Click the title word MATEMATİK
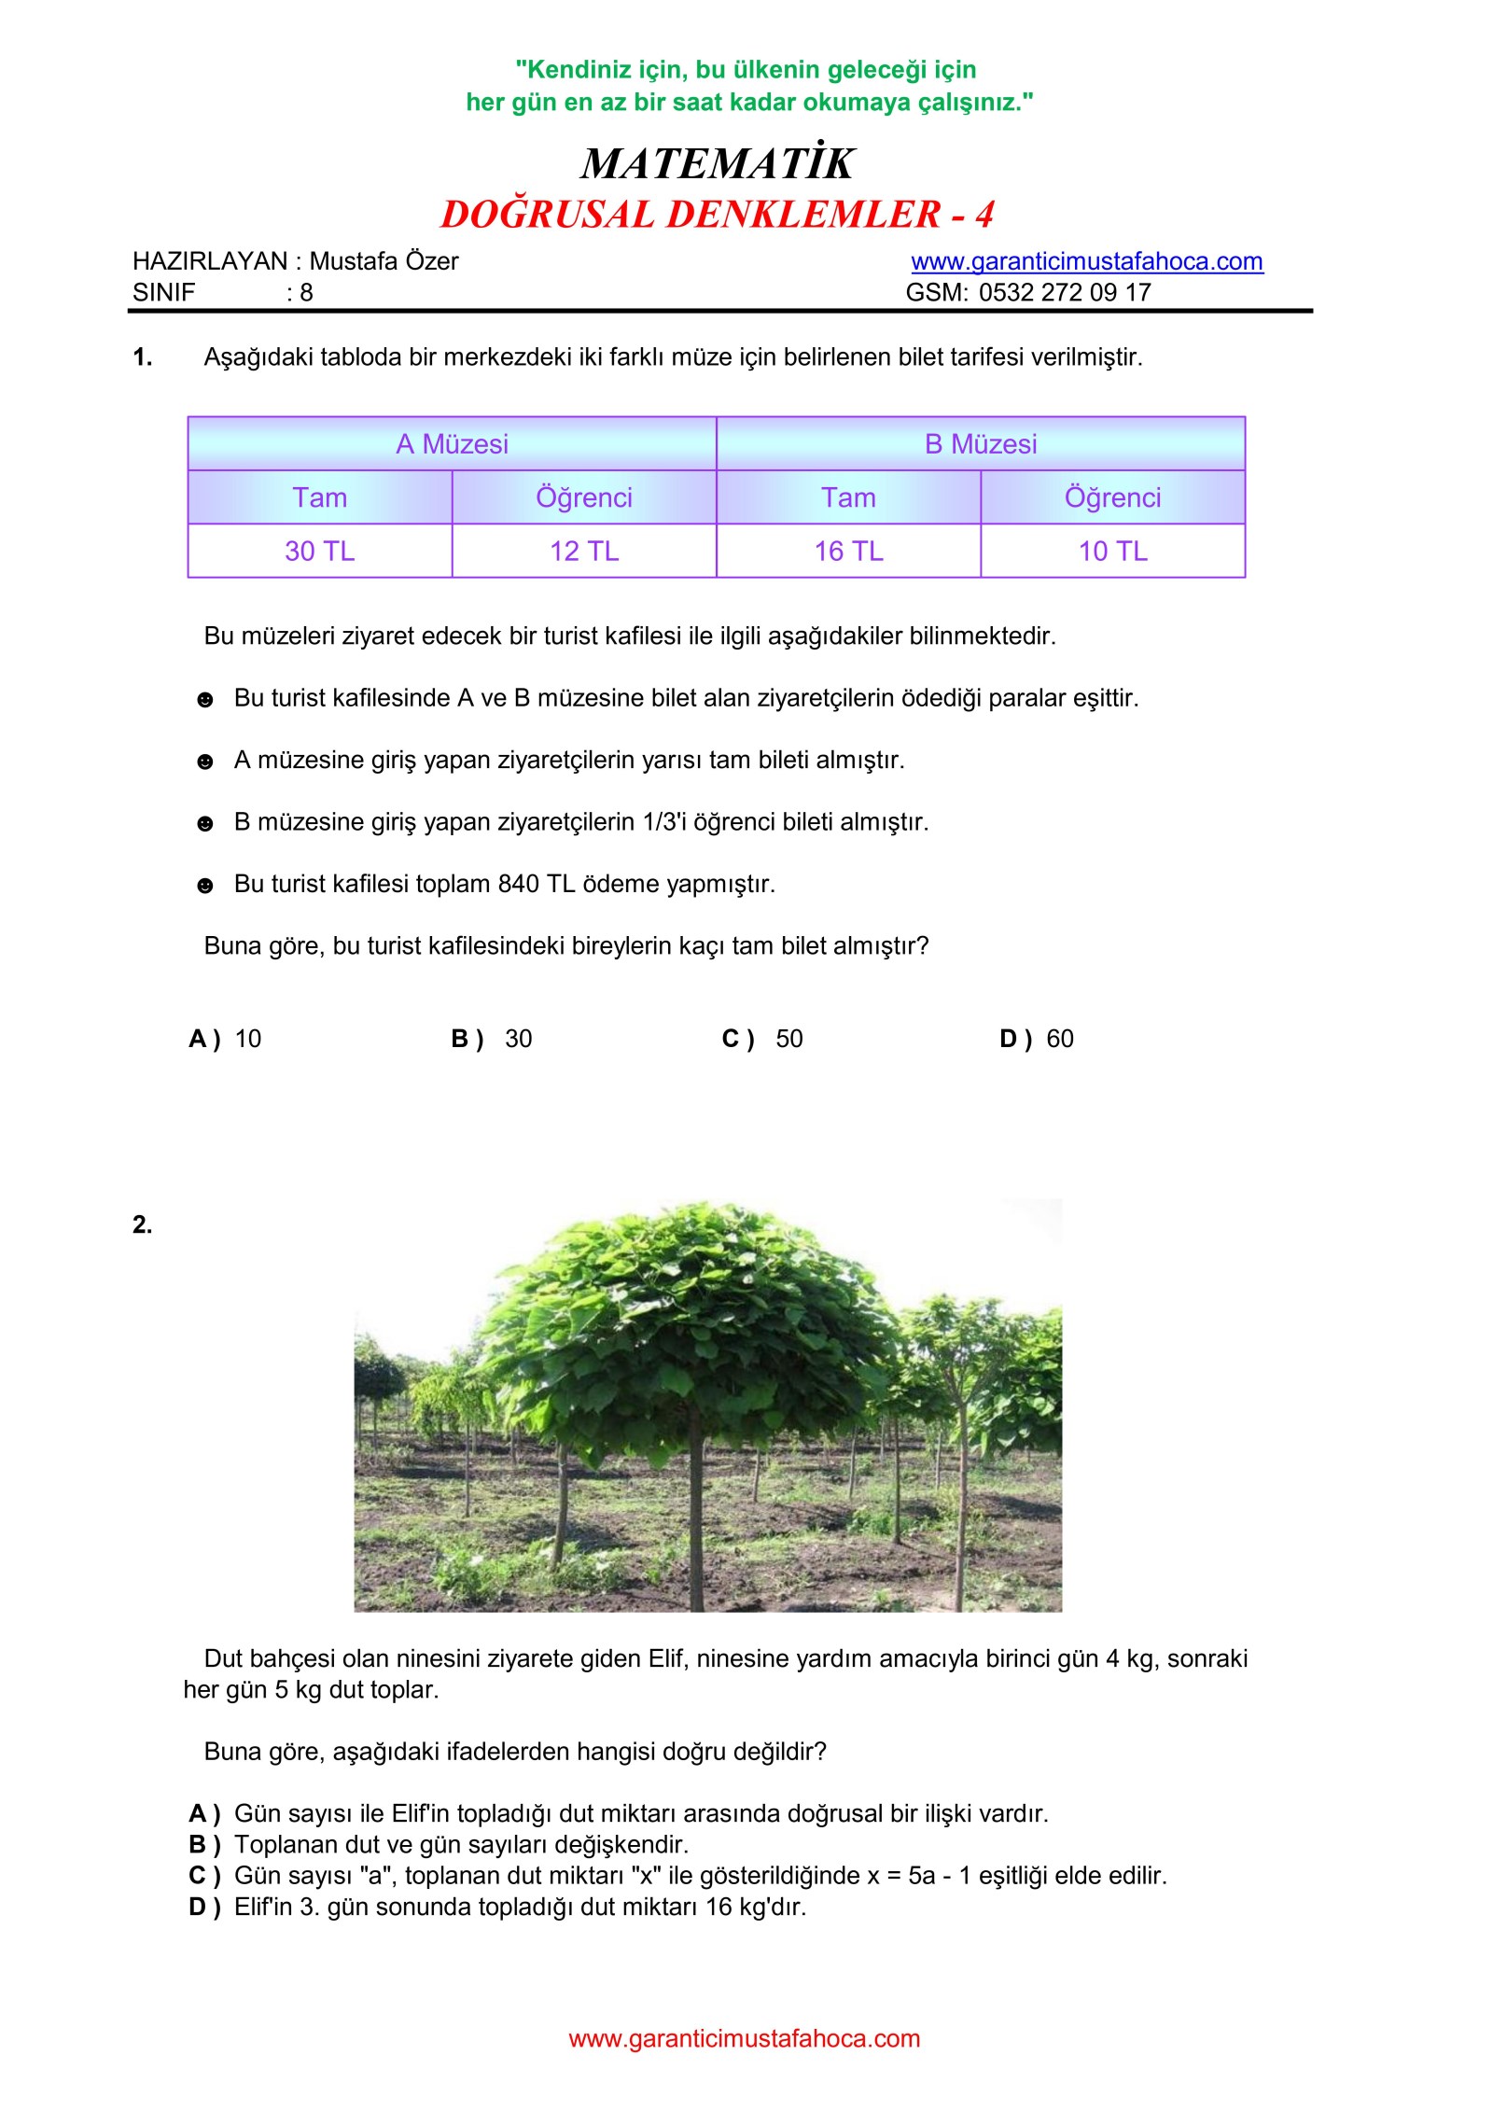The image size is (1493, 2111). tap(717, 163)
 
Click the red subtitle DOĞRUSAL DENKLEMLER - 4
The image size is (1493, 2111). tap(717, 215)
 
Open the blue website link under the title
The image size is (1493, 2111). tap(1086, 261)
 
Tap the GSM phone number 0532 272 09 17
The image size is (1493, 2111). tap(1064, 292)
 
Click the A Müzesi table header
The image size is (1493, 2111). tap(452, 444)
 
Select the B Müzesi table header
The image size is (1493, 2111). tap(980, 444)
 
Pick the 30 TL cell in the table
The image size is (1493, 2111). tap(319, 552)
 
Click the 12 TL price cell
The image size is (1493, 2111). tap(584, 552)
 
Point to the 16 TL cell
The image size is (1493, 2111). tap(848, 552)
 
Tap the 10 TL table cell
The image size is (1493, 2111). tap(1112, 552)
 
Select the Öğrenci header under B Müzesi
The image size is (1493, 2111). tap(1112, 497)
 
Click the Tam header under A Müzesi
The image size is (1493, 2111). tap(319, 497)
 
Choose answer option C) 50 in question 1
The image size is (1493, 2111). tap(762, 1039)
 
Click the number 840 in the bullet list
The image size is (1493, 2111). tap(518, 884)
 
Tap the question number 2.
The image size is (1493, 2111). tap(142, 1224)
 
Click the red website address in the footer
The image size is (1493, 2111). tap(744, 2038)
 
